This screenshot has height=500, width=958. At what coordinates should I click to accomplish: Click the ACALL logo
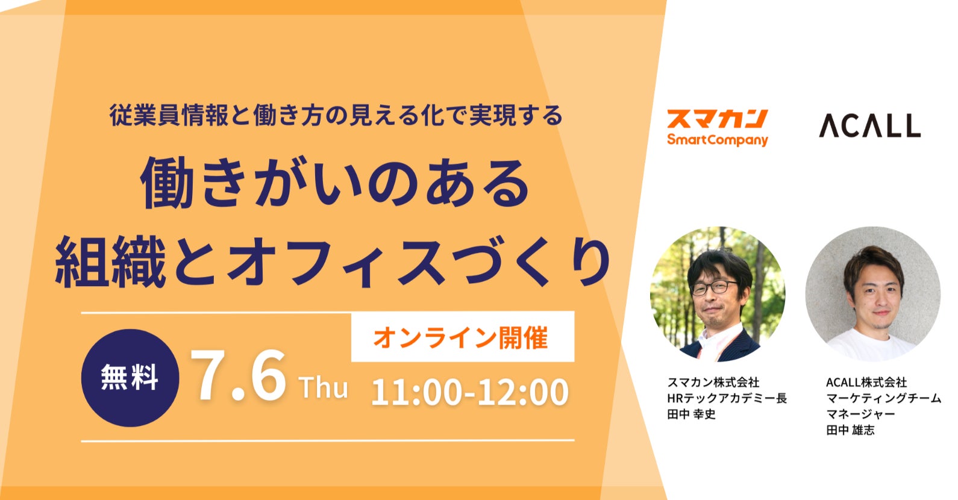(869, 125)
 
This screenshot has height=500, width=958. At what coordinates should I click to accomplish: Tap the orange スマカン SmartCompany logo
(717, 128)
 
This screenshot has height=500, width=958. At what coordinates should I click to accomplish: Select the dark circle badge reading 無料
(130, 378)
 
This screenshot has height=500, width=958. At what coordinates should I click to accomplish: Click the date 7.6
(238, 376)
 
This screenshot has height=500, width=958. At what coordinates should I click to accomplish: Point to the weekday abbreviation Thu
(324, 387)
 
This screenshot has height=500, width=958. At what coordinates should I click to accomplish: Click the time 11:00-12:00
(469, 392)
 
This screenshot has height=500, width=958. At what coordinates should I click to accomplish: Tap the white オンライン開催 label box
(463, 337)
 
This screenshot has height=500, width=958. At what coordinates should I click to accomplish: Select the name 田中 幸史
(691, 414)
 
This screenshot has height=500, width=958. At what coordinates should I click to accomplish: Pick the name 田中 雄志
(850, 430)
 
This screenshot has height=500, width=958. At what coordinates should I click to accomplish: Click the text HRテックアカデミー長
(727, 398)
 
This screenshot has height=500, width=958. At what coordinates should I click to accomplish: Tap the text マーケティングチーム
(883, 398)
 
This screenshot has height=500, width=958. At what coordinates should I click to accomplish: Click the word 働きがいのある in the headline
(335, 183)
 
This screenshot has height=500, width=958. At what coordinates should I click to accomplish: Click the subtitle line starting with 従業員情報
(336, 115)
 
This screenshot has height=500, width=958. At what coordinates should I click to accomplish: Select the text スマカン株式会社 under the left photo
(713, 382)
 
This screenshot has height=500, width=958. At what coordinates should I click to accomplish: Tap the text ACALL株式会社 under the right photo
(866, 382)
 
